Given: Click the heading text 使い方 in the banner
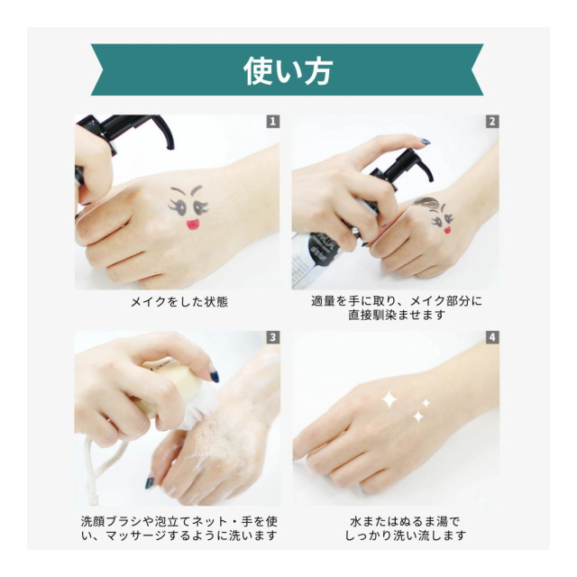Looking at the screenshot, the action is pos(288,71).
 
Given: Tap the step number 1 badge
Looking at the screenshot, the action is pos(272,122).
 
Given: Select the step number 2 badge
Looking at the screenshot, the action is pos(492,122).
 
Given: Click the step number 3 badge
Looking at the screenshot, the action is pos(272,337).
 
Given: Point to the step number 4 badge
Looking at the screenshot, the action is pos(492,337).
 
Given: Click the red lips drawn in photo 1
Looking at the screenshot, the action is pos(192,224).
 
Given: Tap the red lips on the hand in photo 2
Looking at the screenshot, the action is pos(447,231).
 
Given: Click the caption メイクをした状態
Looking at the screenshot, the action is pos(179,302).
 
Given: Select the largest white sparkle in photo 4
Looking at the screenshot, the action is pos(389,400).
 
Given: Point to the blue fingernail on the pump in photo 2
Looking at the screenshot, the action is pos(426,142).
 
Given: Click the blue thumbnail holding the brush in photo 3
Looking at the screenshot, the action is pos(215,376).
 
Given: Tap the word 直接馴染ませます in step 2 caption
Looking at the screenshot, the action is pos(397,316).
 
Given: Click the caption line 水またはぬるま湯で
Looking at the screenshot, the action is pos(405,521).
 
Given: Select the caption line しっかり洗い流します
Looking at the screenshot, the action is pos(405,536).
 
